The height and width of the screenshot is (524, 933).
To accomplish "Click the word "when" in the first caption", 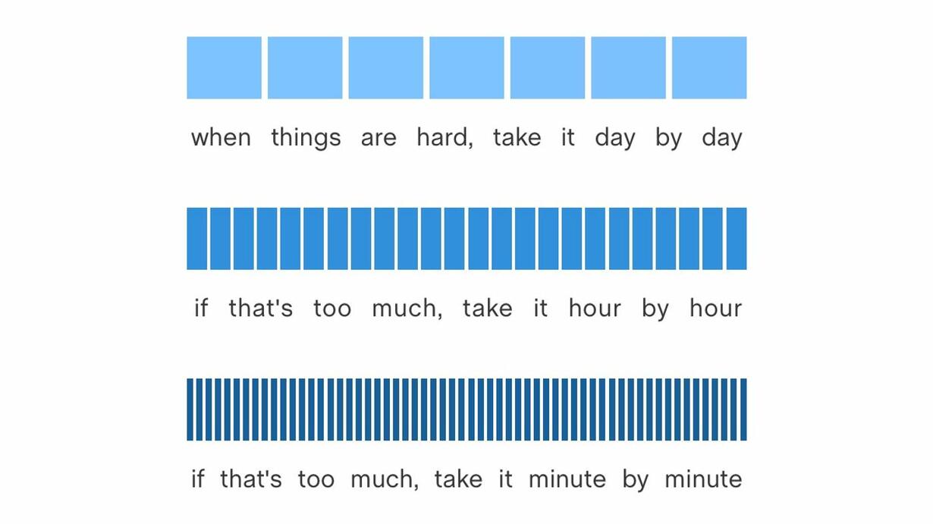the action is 221,137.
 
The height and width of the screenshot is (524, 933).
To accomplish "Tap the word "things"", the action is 306,139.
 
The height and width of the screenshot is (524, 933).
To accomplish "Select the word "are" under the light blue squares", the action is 379,139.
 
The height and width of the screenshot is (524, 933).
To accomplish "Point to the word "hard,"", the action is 445,138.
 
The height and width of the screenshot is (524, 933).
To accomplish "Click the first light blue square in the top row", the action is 224,67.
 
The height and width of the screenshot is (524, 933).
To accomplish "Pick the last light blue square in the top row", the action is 709,67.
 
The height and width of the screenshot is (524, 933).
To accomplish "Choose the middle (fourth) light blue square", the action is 467,67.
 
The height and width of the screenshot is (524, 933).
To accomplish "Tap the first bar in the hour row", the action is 197,238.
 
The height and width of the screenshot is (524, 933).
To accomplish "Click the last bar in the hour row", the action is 737,238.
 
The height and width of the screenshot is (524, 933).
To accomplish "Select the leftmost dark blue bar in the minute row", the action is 190,409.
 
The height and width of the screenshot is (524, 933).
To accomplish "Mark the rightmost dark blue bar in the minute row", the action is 744,409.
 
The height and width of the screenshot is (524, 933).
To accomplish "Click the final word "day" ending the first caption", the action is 722,139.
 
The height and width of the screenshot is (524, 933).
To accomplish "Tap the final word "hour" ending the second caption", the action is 715,308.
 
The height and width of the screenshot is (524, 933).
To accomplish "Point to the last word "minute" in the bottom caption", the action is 703,479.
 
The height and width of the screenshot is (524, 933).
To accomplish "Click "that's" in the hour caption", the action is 261,308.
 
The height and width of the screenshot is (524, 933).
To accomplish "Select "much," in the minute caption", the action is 385,479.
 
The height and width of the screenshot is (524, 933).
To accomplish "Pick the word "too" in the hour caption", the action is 332,309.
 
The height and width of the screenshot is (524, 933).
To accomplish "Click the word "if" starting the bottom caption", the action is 198,479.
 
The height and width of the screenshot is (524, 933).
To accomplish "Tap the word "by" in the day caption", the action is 668,139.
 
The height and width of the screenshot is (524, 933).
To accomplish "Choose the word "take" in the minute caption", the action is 459,479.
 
